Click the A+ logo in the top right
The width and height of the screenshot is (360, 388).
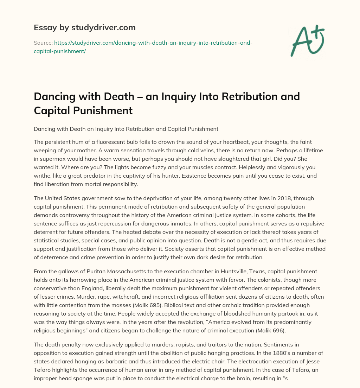tap(307, 40)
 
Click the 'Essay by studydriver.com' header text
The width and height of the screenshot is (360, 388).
tap(85, 27)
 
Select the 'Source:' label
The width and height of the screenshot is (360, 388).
tap(43, 43)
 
